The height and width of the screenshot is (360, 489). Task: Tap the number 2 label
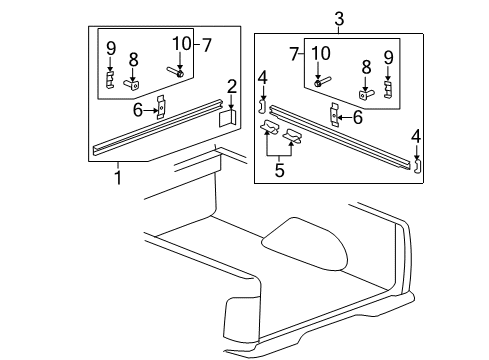click(231, 87)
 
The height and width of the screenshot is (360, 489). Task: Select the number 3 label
click(339, 18)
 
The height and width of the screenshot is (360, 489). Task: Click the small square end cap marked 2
click(227, 118)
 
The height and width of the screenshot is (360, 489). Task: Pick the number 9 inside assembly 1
click(111, 48)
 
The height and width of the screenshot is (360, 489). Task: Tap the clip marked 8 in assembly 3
click(367, 93)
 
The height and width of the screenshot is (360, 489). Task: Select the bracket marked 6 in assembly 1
click(160, 108)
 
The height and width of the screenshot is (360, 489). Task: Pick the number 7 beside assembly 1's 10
click(207, 45)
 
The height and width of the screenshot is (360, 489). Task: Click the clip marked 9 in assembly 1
click(111, 79)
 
